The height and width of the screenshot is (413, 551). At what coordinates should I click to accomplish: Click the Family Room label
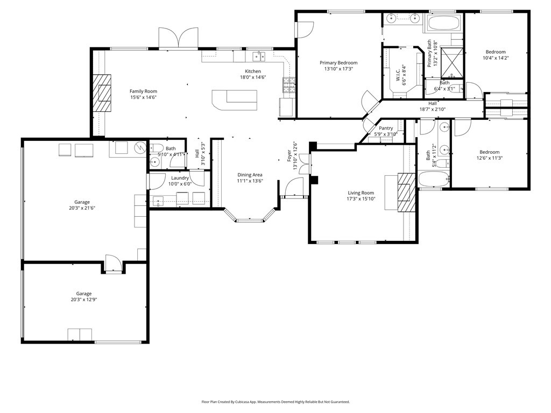click(143, 91)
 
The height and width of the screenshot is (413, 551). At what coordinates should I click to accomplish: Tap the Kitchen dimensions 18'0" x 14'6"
click(253, 77)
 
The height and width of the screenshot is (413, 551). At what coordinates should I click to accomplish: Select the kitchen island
click(235, 99)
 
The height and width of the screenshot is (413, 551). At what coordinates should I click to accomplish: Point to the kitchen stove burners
click(289, 85)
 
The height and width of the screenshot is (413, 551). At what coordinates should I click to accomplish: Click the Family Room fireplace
click(102, 93)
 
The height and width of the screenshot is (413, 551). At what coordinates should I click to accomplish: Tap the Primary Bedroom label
click(338, 63)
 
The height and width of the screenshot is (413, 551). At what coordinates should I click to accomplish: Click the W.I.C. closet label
click(399, 75)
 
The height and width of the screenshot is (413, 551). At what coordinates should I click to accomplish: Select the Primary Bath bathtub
click(440, 25)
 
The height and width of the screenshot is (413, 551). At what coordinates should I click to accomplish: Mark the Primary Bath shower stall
click(451, 62)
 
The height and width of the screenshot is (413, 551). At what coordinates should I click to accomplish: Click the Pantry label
click(386, 128)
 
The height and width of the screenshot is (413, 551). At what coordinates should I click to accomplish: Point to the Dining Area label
click(250, 175)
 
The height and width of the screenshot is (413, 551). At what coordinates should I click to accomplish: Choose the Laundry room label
click(180, 178)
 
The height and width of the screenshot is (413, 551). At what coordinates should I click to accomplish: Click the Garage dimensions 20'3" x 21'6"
click(82, 208)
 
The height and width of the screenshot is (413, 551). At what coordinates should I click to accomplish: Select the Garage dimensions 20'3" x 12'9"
click(84, 300)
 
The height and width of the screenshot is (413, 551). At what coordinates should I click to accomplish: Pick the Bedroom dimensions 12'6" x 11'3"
click(490, 158)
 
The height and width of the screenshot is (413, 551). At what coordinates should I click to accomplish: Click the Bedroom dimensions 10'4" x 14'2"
click(496, 58)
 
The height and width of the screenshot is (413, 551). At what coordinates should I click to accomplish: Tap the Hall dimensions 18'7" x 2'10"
click(433, 109)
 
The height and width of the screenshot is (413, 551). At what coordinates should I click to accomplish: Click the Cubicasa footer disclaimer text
click(275, 402)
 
